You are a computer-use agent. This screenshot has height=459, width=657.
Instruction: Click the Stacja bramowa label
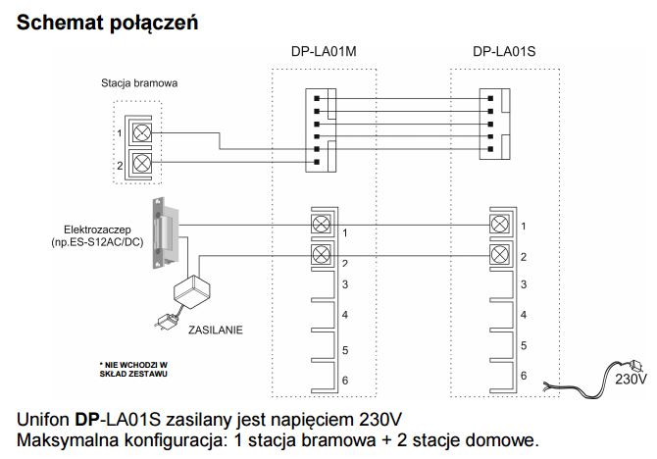tap(139, 84)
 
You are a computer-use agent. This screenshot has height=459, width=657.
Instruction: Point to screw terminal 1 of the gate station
tap(141, 132)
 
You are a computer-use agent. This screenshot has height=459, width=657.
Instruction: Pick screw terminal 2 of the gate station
tap(141, 163)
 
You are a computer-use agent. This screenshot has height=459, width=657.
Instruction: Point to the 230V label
tap(630, 376)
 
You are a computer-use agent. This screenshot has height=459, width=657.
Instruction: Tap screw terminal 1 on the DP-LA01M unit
tap(320, 224)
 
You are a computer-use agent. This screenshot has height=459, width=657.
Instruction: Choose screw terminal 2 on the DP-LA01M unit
tap(320, 256)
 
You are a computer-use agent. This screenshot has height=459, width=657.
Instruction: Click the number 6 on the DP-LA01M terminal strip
tap(345, 380)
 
